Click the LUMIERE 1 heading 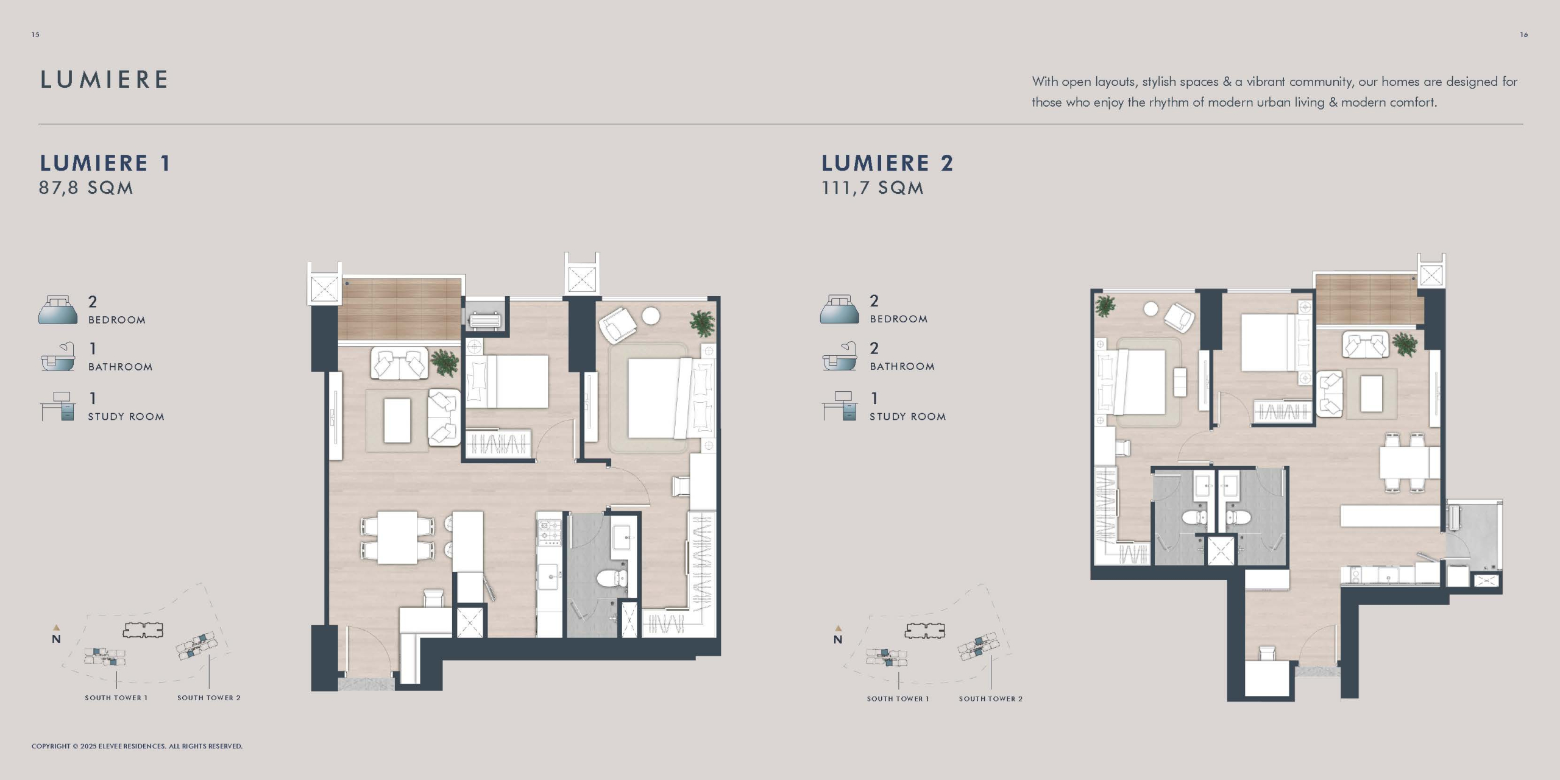[x=105, y=163]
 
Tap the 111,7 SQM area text [x=872, y=188]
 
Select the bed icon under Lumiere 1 [x=58, y=310]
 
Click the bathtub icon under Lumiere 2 [x=839, y=356]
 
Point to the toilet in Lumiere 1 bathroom [x=612, y=577]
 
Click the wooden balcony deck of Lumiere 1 [x=400, y=310]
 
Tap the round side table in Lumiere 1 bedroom [x=651, y=316]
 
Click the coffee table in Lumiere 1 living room [x=397, y=420]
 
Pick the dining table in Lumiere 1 [x=397, y=537]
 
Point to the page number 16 [x=1523, y=35]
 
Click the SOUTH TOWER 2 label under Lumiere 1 [x=209, y=698]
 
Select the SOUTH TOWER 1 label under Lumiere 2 [x=898, y=699]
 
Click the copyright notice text [x=137, y=746]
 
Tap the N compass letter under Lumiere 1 [x=56, y=639]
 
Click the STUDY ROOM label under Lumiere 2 [x=907, y=417]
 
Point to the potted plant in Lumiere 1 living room [x=445, y=362]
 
